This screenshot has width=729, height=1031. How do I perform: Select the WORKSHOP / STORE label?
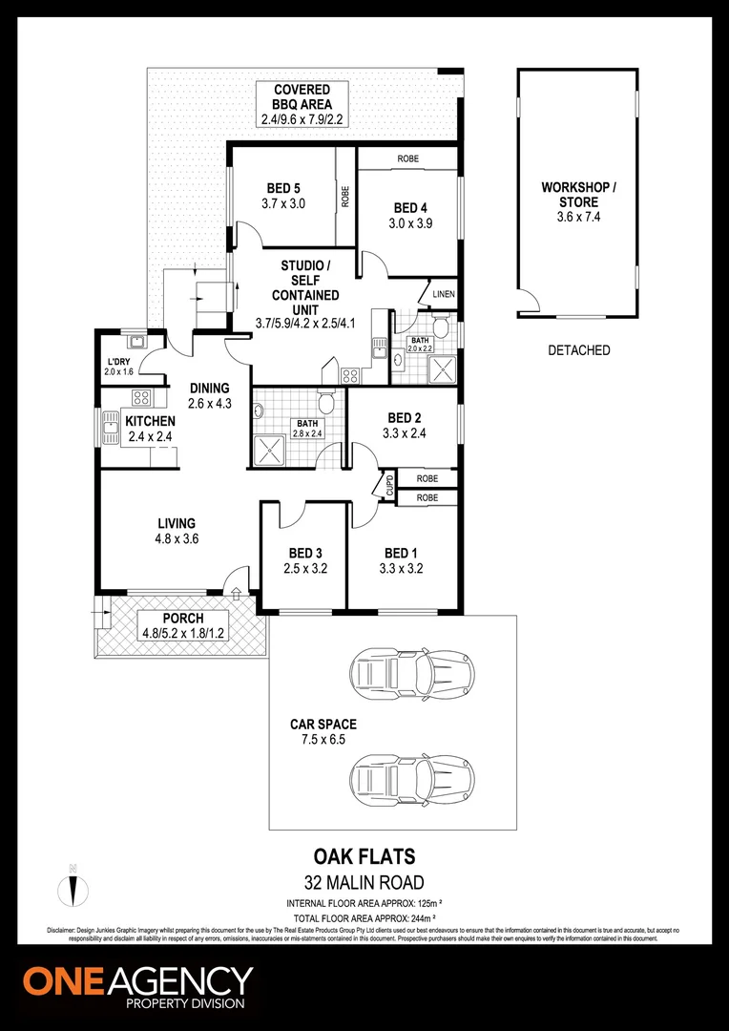coord(578,195)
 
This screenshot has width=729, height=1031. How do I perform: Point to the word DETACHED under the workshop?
coord(578,350)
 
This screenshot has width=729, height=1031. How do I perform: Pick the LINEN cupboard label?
coord(443,294)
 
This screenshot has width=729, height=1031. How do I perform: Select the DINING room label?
coord(209,389)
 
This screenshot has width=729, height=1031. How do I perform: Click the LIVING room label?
coord(177,523)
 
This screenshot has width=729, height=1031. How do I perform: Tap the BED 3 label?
coord(305,553)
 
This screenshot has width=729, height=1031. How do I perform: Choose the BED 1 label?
coord(401,553)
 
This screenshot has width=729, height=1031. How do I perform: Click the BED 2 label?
coord(405,417)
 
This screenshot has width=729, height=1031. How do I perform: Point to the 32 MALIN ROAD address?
coord(364,882)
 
